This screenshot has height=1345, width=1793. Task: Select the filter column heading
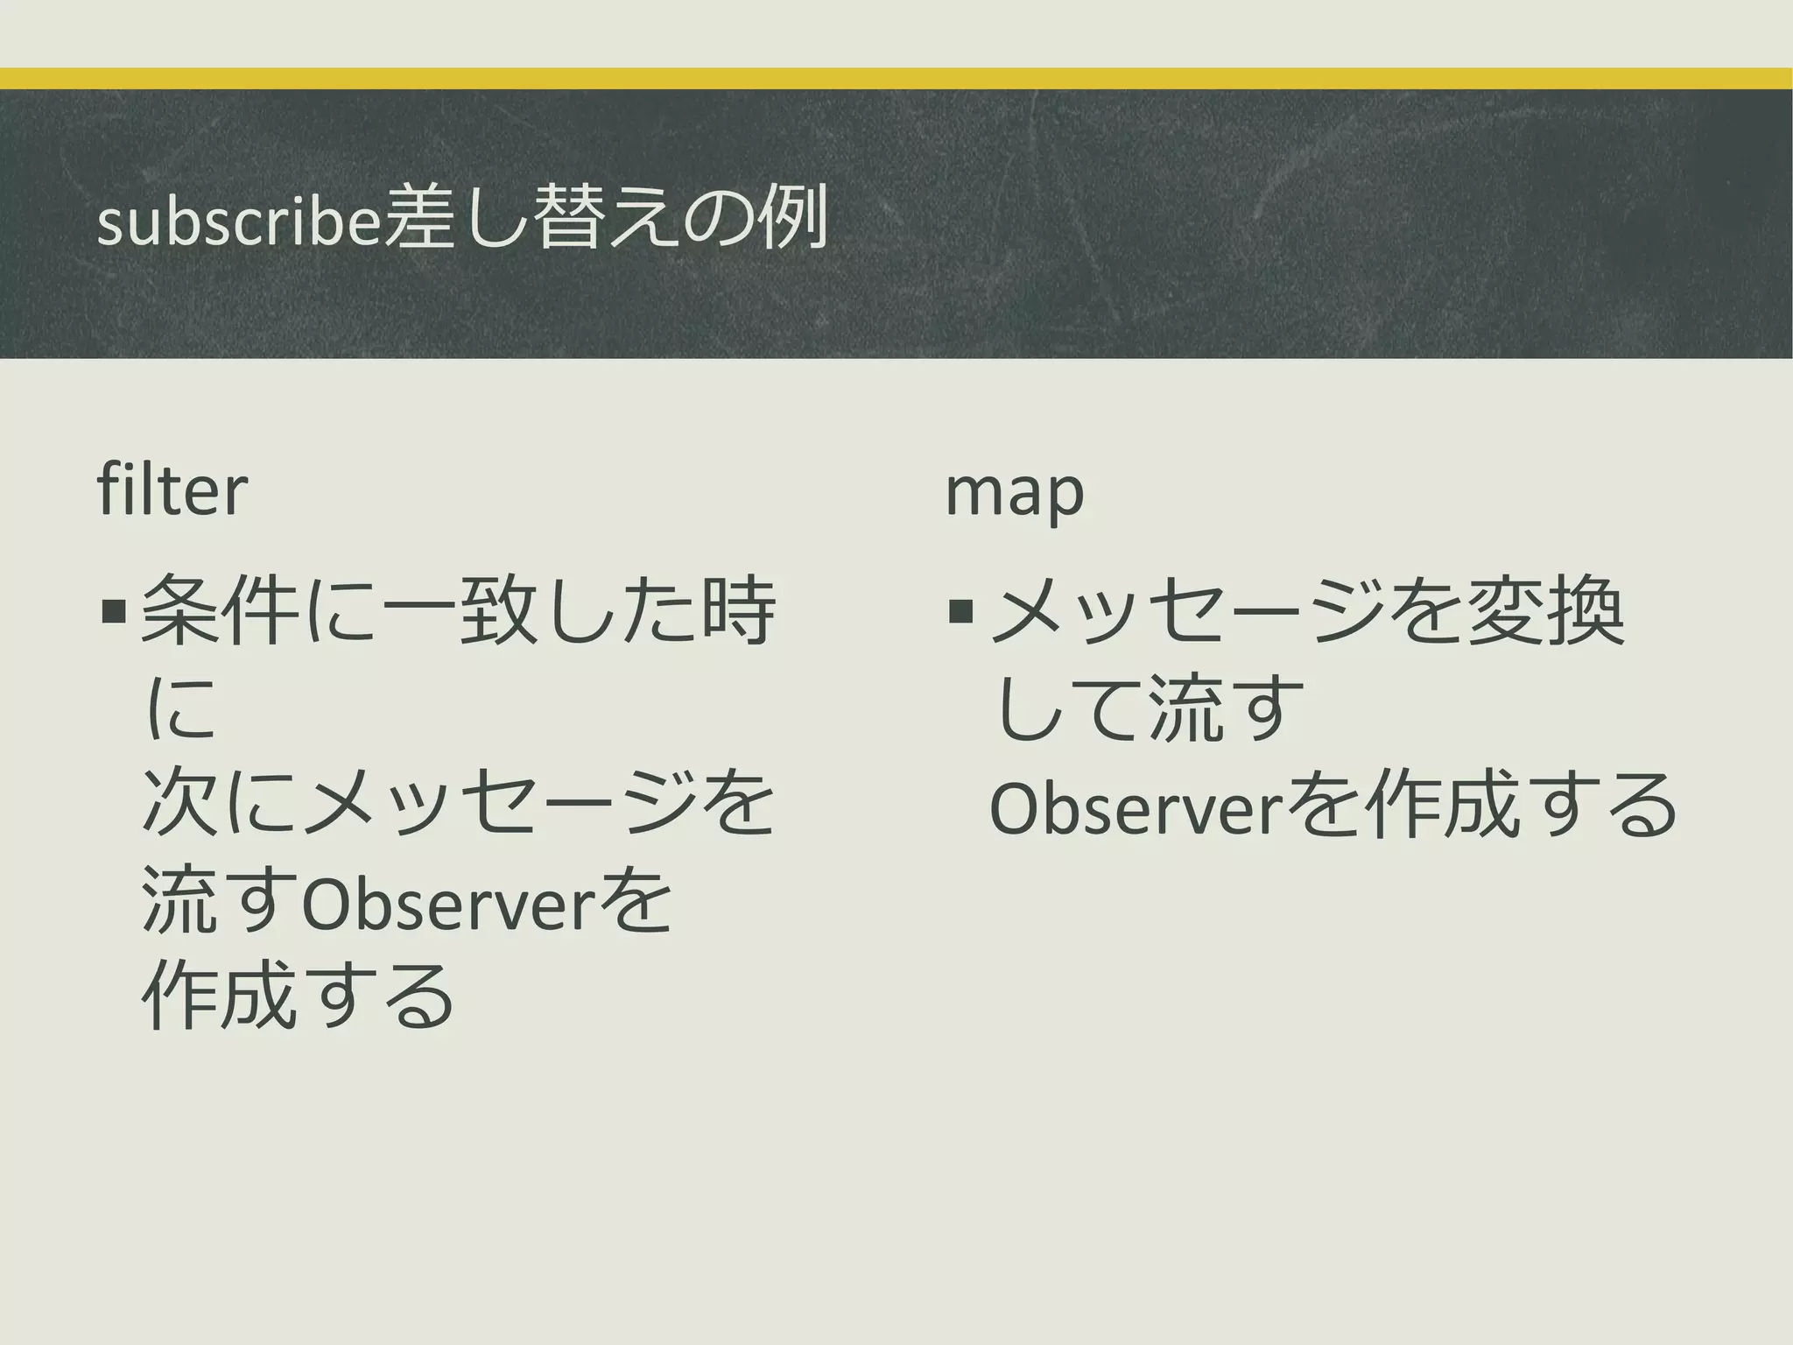[x=172, y=490]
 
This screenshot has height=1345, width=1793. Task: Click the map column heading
[x=1015, y=492]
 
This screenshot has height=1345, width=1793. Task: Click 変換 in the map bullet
[x=1545, y=611]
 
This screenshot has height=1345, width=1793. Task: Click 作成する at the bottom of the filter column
[x=298, y=996]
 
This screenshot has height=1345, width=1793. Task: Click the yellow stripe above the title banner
[x=896, y=78]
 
